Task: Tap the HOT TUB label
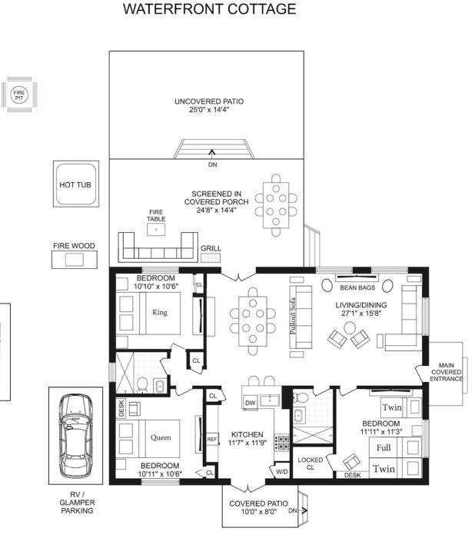point(75,184)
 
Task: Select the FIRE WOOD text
point(74,246)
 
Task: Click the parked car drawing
point(75,436)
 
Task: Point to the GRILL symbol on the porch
point(211,258)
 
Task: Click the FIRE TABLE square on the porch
point(156,229)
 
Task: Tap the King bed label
point(160,312)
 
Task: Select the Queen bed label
point(161,437)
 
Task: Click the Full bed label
point(384,447)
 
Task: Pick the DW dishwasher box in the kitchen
point(251,403)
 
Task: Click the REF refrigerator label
point(212,439)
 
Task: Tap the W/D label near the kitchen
point(282,472)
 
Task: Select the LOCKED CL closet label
point(311,463)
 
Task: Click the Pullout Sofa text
point(293,316)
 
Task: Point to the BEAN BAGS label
point(357,287)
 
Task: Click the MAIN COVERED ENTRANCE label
point(446,372)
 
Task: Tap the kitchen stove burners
point(282,443)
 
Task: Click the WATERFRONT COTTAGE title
point(209,9)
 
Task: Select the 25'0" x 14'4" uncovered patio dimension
point(209,110)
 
